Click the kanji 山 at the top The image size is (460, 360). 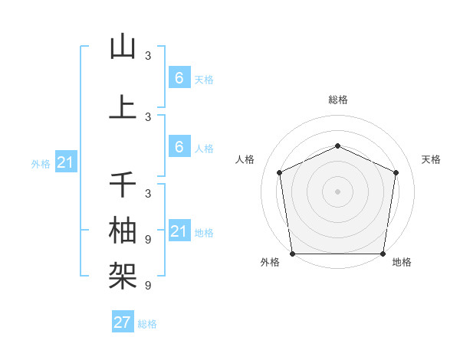click(123, 47)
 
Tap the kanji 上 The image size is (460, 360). click(123, 106)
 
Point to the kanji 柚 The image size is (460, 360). click(123, 229)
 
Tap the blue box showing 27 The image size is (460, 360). click(123, 322)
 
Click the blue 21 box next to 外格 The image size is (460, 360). click(67, 162)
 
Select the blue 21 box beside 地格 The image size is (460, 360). click(179, 231)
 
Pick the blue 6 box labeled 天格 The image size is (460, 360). click(179, 78)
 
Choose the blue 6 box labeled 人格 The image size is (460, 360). click(179, 147)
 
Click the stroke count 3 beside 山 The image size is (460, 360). click(148, 56)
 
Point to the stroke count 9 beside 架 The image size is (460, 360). click(148, 285)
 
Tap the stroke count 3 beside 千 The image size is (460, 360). click(148, 193)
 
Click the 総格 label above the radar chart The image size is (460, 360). click(338, 100)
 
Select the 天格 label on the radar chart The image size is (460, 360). click(432, 159)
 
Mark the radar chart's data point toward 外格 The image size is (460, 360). click(292, 253)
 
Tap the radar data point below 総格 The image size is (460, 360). click(338, 146)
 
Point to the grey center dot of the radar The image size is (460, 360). click(338, 191)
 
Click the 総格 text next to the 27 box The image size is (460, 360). click(147, 324)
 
